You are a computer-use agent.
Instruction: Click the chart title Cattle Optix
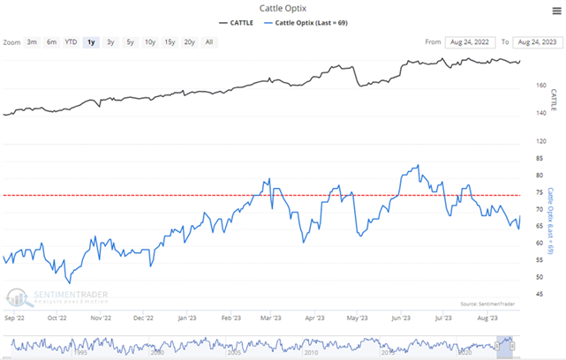(x=282, y=8)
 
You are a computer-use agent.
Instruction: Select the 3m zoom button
(x=32, y=41)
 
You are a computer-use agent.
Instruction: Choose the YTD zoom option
(x=71, y=41)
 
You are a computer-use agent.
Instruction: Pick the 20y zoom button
(x=189, y=41)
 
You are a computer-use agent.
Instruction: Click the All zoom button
(x=209, y=41)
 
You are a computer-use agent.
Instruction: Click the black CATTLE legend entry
(x=238, y=22)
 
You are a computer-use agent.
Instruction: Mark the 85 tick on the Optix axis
(x=528, y=158)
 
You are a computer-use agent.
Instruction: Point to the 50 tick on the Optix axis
(x=528, y=277)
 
